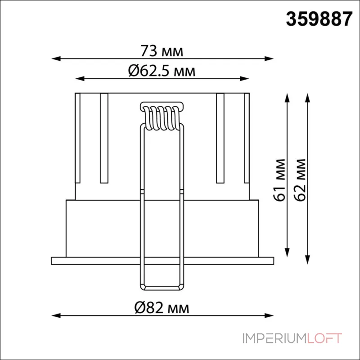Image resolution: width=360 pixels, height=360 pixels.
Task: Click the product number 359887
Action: [319, 19]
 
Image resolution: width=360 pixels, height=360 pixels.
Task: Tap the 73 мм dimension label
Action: [162, 51]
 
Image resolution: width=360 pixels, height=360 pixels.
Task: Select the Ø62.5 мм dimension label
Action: [162, 71]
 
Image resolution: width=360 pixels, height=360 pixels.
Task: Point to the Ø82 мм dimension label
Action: [162, 308]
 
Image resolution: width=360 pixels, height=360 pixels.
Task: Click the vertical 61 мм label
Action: [280, 180]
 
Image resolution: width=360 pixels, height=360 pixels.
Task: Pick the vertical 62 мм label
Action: [300, 180]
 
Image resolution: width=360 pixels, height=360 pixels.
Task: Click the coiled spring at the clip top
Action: [162, 117]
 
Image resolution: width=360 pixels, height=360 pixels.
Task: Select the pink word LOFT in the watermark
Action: [324, 338]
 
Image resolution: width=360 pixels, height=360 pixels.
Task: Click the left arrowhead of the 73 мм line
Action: [56, 58]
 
